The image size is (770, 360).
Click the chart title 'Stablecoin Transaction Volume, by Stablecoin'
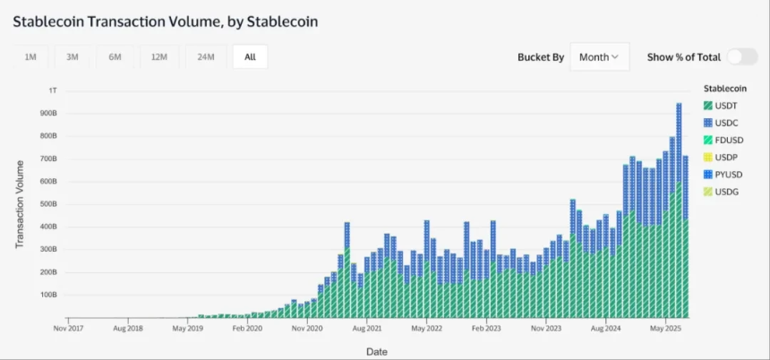click(165, 20)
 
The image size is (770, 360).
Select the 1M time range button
click(30, 57)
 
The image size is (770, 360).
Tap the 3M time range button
click(73, 57)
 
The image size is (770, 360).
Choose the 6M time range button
click(115, 57)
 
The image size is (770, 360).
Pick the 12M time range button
click(159, 57)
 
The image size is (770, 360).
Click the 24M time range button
click(205, 57)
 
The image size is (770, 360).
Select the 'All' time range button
click(250, 57)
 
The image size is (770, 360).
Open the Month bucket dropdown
click(599, 57)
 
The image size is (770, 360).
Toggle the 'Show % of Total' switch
click(741, 57)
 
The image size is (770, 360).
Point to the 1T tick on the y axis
click(53, 90)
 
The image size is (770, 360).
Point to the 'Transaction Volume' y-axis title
click(20, 204)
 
